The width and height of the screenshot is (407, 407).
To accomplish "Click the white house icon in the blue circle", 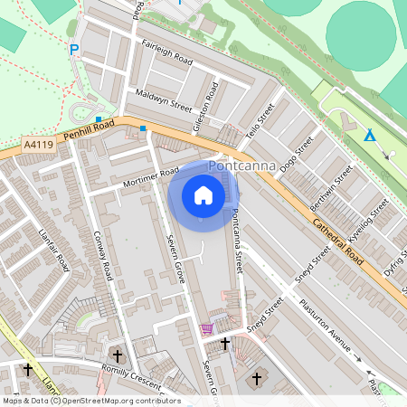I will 203,195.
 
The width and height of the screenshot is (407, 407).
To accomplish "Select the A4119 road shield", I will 39,144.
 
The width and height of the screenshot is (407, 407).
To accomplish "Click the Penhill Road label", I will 89,131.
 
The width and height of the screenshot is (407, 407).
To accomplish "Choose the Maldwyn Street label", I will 164,99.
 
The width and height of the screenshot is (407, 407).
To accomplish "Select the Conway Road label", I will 102,258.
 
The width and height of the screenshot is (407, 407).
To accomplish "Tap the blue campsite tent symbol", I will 369,135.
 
